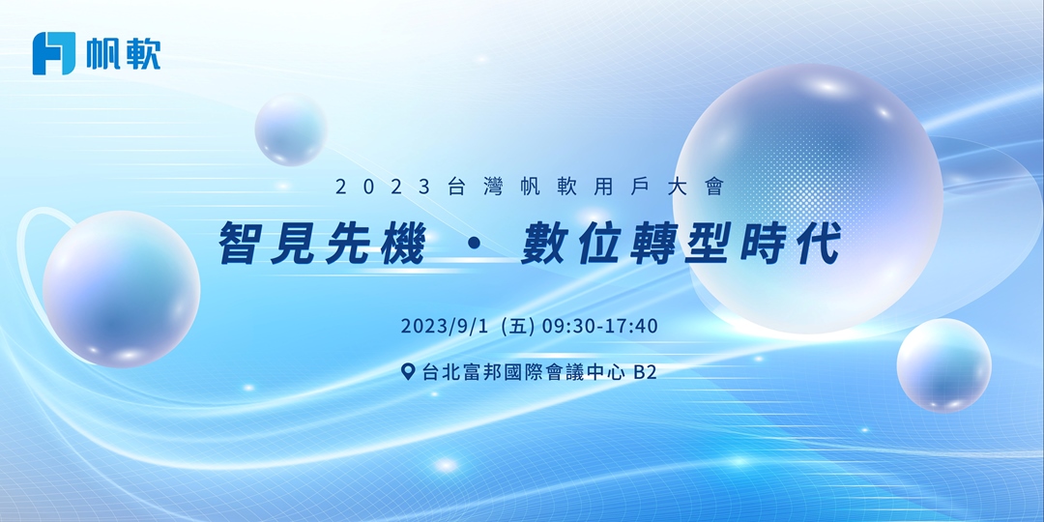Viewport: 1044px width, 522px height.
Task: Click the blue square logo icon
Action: pos(53,53)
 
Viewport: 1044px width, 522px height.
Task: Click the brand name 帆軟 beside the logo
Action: pos(123,53)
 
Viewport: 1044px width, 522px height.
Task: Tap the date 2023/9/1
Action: pos(446,326)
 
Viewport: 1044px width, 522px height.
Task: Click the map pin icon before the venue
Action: pos(408,372)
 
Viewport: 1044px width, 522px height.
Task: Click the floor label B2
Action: pos(645,372)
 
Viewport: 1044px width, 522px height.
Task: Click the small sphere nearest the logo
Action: pos(291,130)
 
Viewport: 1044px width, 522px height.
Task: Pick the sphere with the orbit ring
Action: pos(121,288)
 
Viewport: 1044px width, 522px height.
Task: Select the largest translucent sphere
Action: pos(807,198)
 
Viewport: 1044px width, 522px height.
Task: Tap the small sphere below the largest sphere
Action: pos(943,365)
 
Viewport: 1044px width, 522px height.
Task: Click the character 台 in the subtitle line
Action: pos(457,188)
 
